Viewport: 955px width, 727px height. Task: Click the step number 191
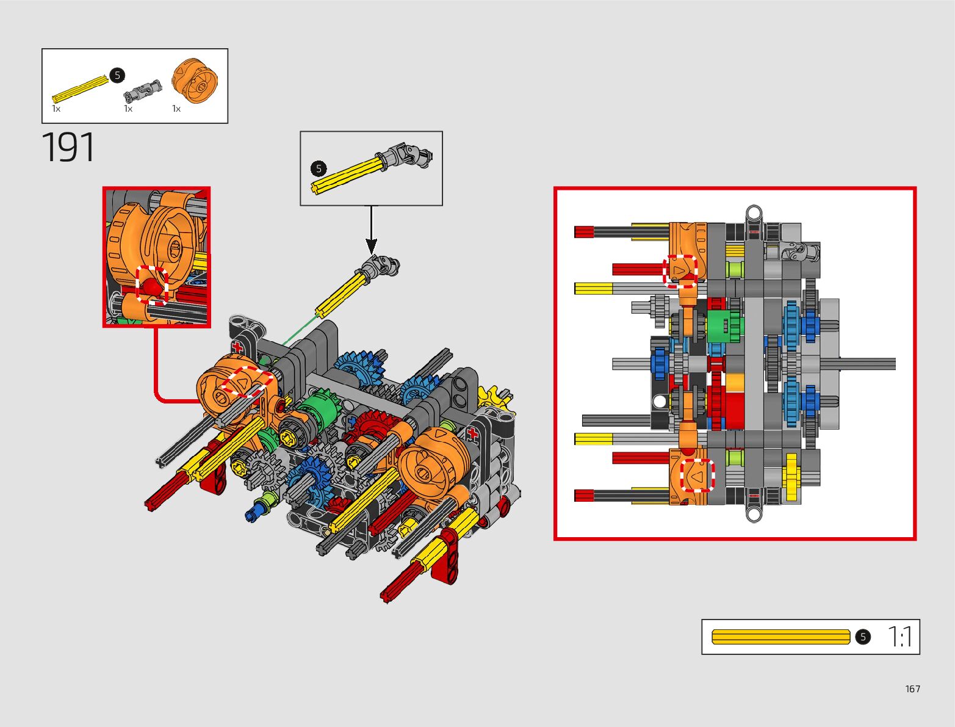coord(68,148)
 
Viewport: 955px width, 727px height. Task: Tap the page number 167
coord(912,689)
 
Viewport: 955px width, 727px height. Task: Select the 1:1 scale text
coord(900,637)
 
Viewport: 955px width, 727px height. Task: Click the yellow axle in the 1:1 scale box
coord(780,637)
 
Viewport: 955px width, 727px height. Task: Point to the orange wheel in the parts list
coord(195,81)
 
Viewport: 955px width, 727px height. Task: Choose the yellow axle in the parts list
coord(80,89)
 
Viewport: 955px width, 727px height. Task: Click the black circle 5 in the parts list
coord(117,75)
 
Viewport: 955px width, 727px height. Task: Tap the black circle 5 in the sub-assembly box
coord(319,168)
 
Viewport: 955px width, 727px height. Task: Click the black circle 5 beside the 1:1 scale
coord(862,637)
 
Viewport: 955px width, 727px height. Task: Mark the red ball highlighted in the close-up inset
coord(151,284)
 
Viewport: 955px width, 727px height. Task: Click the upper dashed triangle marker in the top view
coord(680,270)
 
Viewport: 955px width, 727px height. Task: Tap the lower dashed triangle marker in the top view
coord(697,475)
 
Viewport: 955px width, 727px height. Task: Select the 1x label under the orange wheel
coord(176,109)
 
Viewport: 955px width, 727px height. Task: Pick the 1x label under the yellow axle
coord(56,109)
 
